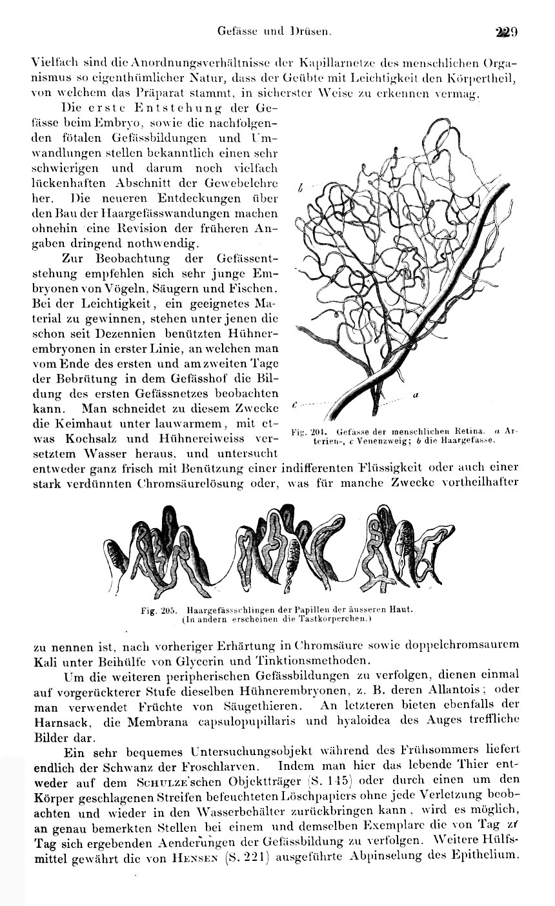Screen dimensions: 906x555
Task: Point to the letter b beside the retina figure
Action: pyautogui.click(x=301, y=188)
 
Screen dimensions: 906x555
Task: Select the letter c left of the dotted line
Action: pyautogui.click(x=294, y=404)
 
